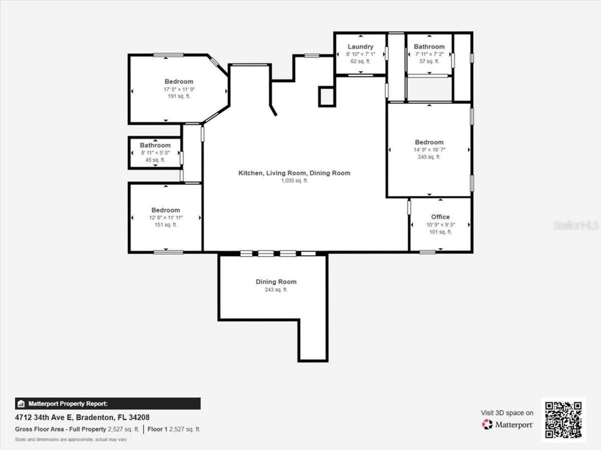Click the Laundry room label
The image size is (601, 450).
360,46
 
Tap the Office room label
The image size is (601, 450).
440,217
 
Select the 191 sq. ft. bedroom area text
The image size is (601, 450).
179,96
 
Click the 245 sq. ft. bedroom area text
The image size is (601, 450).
429,157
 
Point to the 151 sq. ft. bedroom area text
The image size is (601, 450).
165,225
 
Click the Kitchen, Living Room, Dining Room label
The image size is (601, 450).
294,173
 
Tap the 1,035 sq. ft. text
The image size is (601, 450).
294,180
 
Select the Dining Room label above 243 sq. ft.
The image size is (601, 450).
276,282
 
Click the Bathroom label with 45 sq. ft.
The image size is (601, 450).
155,145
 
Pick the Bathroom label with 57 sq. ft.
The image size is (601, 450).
429,46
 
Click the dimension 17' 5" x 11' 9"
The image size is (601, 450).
179,89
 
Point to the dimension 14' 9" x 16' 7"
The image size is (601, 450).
429,150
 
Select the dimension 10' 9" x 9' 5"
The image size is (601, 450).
440,225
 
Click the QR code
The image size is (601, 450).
563,420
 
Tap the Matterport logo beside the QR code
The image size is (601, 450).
508,425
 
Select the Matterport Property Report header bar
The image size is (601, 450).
108,404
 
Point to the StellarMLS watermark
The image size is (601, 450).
576,225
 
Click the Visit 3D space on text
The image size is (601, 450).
507,413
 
